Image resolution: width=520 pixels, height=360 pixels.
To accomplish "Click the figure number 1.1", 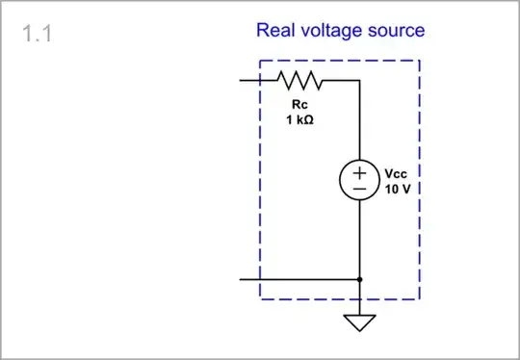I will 37,34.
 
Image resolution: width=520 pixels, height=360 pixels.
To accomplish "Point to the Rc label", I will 298,103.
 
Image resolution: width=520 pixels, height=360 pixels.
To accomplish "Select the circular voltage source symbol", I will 359,181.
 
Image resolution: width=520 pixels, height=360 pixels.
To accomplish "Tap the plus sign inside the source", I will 359,172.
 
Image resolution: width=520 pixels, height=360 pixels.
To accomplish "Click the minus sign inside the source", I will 359,191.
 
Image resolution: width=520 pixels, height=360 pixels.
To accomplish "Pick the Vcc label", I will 397,173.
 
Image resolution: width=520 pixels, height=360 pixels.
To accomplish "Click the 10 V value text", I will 398,189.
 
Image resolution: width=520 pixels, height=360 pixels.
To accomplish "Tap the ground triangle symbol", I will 359,321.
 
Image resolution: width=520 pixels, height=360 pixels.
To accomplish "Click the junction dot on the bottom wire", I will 359,279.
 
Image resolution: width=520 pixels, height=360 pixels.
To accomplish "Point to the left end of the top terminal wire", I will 242,81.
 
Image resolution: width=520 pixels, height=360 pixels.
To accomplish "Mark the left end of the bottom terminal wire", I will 242,279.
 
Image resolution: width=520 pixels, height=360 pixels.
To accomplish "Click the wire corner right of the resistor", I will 359,81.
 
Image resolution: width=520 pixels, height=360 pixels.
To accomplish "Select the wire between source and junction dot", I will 359,241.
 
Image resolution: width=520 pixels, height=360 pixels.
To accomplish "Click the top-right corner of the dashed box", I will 420,61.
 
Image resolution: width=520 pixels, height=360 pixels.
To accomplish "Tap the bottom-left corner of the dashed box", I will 260,299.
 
